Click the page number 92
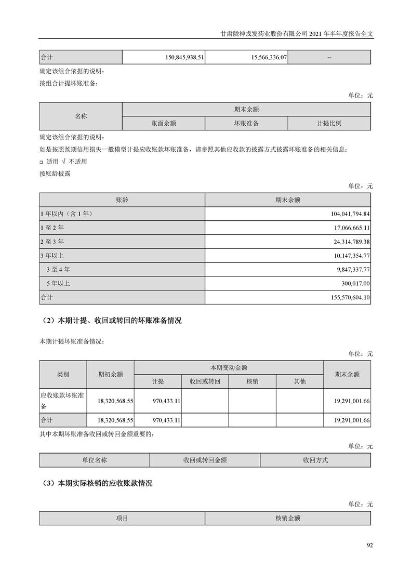369,545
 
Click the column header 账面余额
163,123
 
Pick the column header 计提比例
329,123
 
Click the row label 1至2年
52,228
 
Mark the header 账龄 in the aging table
122,200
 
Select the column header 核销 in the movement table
252,381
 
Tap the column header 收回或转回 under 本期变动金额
205,381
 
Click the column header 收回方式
315,460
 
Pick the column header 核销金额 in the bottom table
288,518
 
